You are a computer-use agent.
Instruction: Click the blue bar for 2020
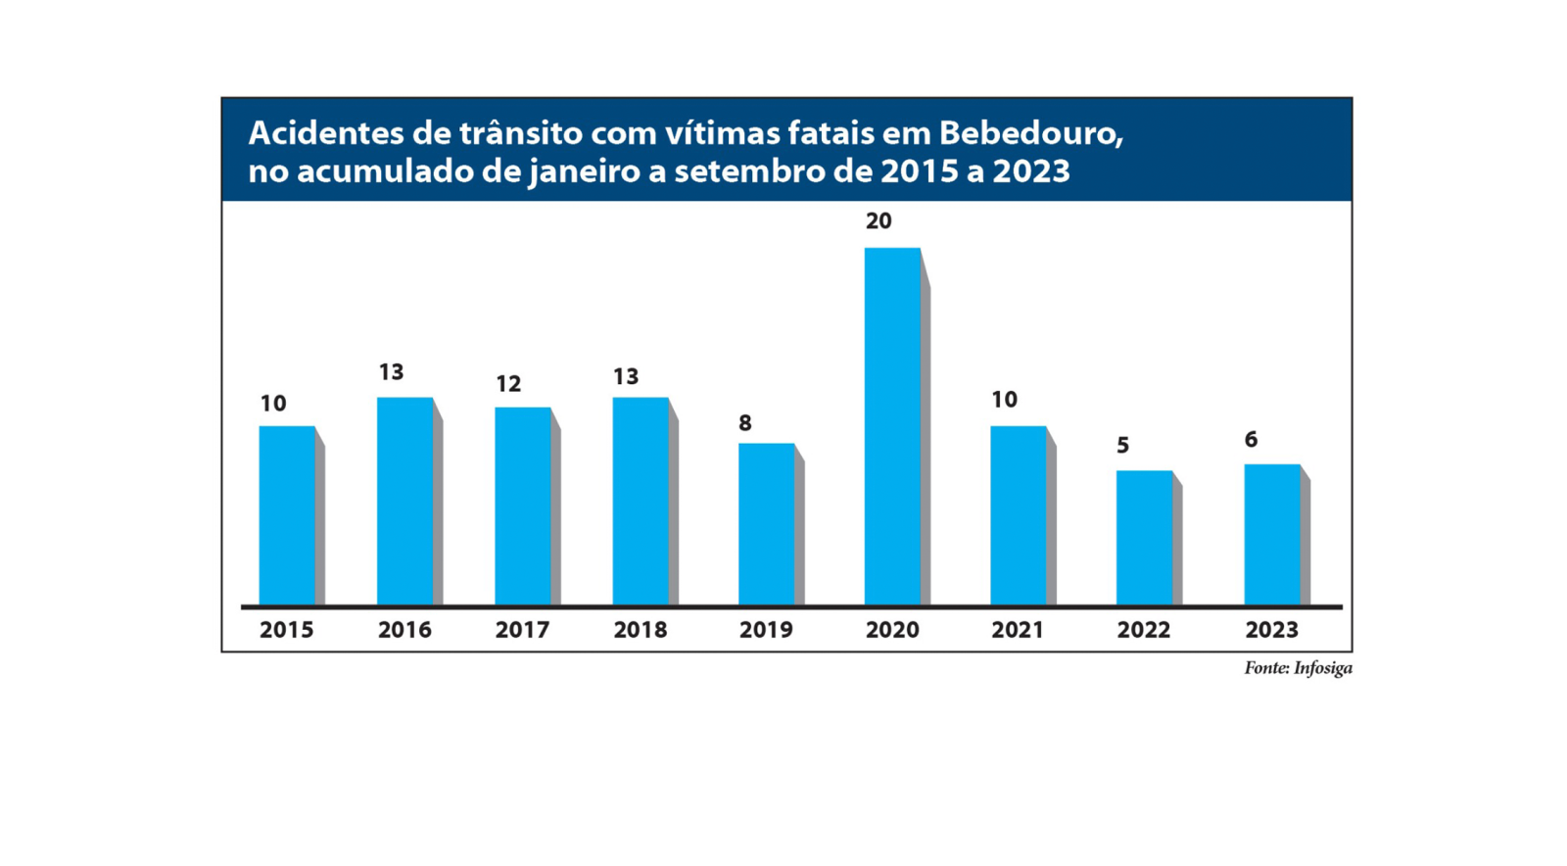click(892, 426)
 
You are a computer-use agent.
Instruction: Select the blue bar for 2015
click(287, 515)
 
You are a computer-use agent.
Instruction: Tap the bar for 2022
click(1144, 538)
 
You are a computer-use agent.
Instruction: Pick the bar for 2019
click(766, 524)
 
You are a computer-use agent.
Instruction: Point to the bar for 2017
click(523, 505)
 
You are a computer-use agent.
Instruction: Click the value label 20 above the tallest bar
click(878, 221)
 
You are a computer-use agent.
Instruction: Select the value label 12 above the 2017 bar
click(508, 384)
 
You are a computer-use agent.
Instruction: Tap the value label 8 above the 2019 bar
click(745, 423)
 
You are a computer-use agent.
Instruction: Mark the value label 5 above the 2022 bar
click(1123, 446)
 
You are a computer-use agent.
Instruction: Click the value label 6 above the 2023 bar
click(1251, 440)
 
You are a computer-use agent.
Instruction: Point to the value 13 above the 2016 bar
click(391, 372)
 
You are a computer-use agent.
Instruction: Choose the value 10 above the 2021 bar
click(1004, 400)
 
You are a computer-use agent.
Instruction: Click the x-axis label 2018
click(640, 630)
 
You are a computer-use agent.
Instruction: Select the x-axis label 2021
click(1018, 630)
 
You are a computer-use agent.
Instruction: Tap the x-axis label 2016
click(404, 630)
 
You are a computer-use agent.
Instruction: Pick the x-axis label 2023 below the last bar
click(1271, 630)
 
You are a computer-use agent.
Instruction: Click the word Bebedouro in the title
click(1030, 132)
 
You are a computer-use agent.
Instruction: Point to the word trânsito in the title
click(520, 132)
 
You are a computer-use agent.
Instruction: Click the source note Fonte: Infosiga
click(1298, 668)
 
